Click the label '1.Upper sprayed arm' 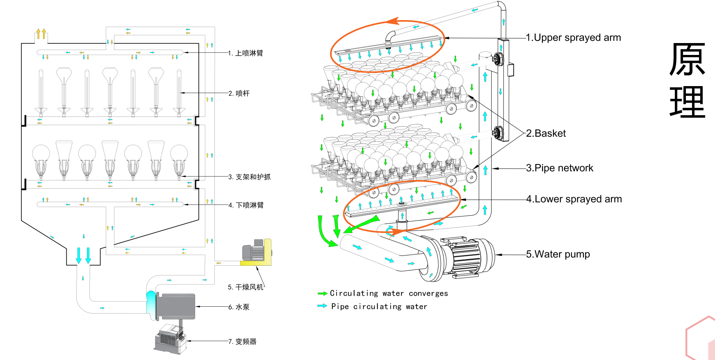click(x=573, y=38)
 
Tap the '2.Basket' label click(x=546, y=133)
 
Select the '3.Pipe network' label click(x=560, y=168)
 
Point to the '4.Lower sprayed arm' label click(x=574, y=199)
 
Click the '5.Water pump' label click(x=558, y=254)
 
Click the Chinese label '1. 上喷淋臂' click(x=246, y=53)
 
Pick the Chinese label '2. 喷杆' click(x=239, y=93)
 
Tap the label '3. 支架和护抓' click(x=249, y=177)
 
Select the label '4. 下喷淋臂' click(x=246, y=205)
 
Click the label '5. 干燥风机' click(x=246, y=287)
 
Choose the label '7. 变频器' click(x=242, y=342)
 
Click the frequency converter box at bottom click(x=171, y=339)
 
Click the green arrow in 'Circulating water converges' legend click(x=322, y=294)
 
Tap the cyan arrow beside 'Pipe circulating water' click(x=322, y=306)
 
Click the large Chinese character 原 click(x=687, y=59)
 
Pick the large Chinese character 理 click(x=687, y=103)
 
